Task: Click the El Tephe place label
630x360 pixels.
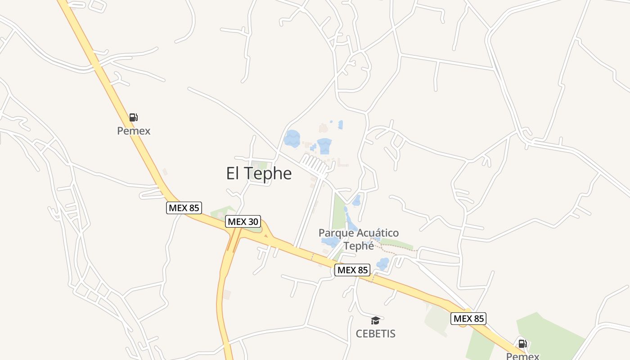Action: click(x=259, y=173)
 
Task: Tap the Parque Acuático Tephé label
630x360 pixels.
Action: click(x=359, y=239)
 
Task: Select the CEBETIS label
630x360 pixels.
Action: click(x=375, y=333)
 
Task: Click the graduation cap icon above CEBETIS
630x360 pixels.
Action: click(x=375, y=320)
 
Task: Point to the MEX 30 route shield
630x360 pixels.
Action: click(x=243, y=221)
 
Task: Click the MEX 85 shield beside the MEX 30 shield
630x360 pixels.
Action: click(x=184, y=208)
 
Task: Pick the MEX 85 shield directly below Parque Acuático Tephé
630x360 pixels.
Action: click(x=352, y=270)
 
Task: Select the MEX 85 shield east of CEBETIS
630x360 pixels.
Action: click(x=468, y=319)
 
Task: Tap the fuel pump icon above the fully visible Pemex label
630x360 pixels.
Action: click(x=133, y=117)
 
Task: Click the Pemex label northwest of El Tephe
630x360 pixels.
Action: click(x=133, y=131)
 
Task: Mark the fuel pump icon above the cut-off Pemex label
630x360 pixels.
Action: click(x=522, y=344)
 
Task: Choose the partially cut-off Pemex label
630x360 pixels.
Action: click(x=522, y=356)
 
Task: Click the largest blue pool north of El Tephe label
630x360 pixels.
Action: click(x=292, y=139)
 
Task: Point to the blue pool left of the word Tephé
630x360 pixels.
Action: click(x=331, y=242)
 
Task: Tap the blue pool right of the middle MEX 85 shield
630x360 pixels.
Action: click(x=383, y=264)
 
